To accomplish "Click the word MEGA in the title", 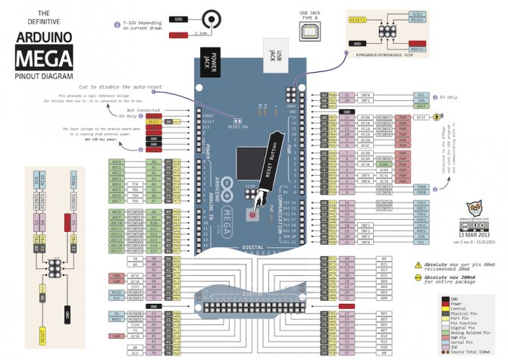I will pyautogui.click(x=45, y=57).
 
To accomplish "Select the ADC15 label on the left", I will pyautogui.click(x=117, y=252).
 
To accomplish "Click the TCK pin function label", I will pyautogui.click(x=134, y=183).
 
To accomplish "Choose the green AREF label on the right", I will pyautogui.click(x=422, y=107).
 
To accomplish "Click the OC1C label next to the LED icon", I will pyautogui.click(x=422, y=117).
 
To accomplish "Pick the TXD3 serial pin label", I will pyautogui.click(x=422, y=203).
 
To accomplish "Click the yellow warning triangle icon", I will pyautogui.click(x=418, y=265).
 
